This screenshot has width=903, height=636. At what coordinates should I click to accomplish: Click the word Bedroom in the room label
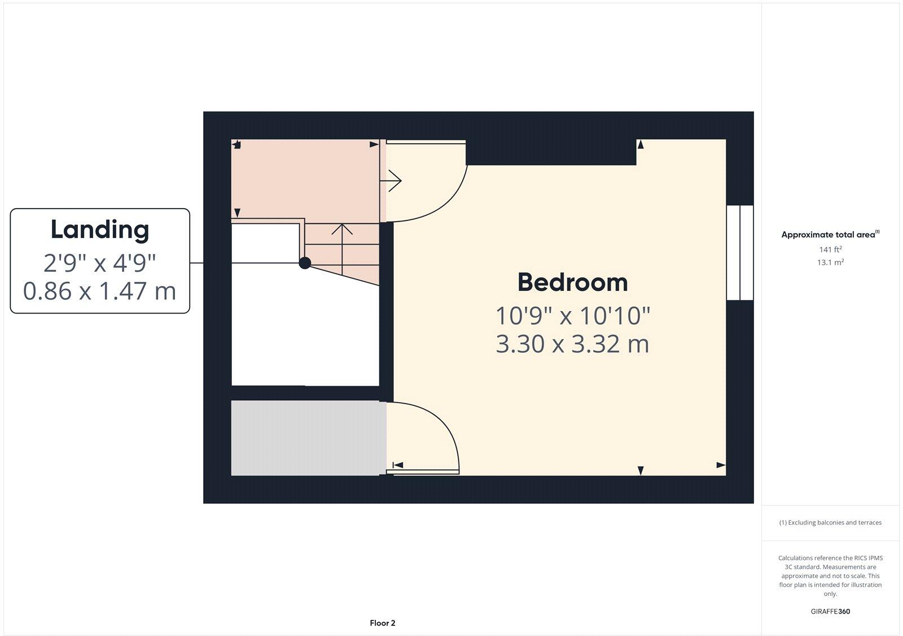[x=572, y=282]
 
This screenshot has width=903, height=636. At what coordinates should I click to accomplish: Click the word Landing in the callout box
[x=100, y=229]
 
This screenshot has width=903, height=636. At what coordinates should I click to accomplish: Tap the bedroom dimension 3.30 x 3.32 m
[x=572, y=344]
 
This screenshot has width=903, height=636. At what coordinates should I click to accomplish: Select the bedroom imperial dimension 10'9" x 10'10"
[x=572, y=316]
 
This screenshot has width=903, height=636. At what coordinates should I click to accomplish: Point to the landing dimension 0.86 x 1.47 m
[x=100, y=291]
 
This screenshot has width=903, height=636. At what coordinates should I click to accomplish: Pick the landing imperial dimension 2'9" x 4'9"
[x=100, y=262]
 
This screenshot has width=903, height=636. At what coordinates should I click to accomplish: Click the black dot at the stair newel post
[x=305, y=263]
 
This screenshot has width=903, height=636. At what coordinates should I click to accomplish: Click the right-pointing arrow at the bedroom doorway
[x=392, y=181]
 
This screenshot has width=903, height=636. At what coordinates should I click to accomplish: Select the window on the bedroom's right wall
[x=740, y=253]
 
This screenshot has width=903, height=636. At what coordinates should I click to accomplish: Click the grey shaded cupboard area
[x=308, y=438]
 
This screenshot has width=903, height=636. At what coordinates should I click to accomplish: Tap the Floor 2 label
[x=383, y=623]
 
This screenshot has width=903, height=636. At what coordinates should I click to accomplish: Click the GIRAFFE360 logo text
[x=830, y=611]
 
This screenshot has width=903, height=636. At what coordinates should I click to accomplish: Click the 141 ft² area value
[x=830, y=249]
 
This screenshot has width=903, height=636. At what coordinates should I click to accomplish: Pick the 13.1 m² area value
[x=830, y=262]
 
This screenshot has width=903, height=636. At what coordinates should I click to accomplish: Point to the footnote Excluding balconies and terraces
[x=830, y=523]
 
